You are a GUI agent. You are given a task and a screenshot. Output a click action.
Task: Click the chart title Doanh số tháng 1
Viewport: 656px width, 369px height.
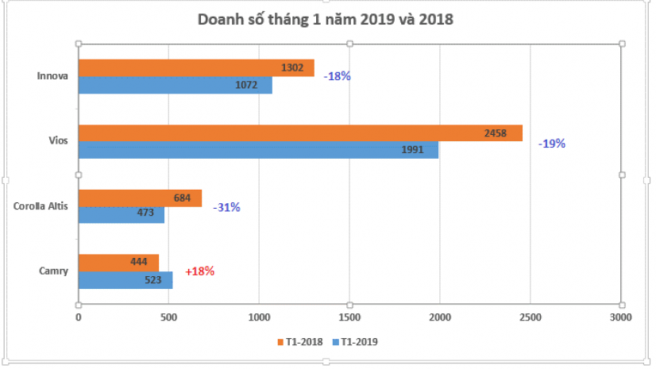pos(325,19)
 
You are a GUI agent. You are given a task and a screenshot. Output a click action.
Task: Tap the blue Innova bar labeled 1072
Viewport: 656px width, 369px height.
pos(175,85)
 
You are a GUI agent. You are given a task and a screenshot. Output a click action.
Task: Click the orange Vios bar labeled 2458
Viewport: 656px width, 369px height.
pos(299,133)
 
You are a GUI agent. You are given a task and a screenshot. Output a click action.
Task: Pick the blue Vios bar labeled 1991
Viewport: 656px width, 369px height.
pos(257,150)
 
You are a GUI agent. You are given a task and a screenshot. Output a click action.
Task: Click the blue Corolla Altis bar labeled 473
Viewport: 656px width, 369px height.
pos(121,215)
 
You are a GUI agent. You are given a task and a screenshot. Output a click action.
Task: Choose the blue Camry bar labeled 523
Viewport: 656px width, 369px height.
pos(125,279)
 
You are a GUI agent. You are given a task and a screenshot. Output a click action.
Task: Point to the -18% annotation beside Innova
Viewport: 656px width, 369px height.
pos(337,77)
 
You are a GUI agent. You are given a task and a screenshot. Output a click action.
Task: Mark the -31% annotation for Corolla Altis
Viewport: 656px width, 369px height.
pos(226,207)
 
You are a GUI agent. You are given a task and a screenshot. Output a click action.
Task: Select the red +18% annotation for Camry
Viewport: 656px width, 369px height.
pos(199,271)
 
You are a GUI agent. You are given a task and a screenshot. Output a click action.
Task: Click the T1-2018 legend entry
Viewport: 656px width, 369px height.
pos(301,342)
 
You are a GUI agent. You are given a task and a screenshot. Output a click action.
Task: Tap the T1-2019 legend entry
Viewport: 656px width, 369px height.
pos(357,342)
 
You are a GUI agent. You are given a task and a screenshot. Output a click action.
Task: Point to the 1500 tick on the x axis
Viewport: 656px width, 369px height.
pos(349,317)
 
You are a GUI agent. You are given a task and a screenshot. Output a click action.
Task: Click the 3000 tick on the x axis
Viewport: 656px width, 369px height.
pos(619,317)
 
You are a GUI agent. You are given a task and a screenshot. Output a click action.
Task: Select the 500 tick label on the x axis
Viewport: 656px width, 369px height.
pos(168,317)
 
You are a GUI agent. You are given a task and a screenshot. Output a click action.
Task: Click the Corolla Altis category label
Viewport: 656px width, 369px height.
pos(41,206)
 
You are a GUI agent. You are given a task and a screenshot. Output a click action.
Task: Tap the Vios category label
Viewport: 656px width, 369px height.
pos(57,141)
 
